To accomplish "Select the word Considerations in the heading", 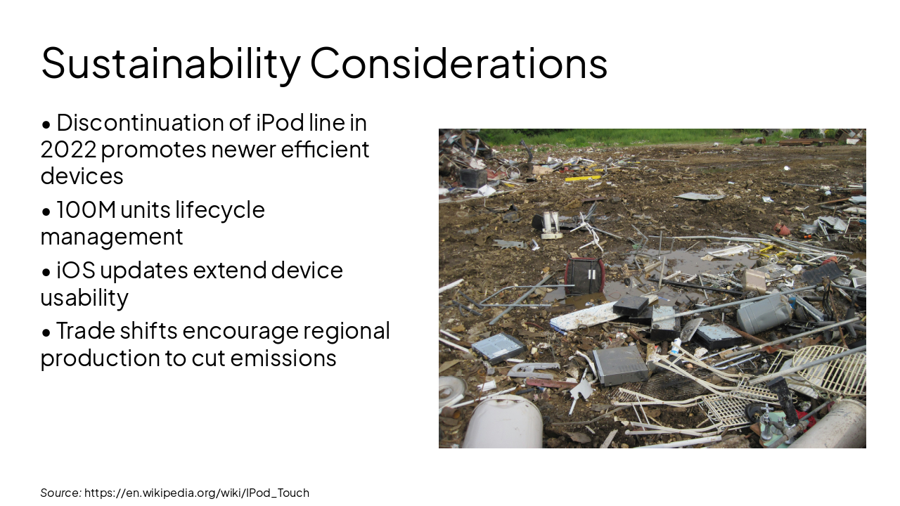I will pos(458,63).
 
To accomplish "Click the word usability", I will pos(84,297).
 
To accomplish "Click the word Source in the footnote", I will pos(60,493).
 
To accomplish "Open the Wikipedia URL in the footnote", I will pos(197,493).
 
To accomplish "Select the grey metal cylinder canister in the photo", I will pos(764,313).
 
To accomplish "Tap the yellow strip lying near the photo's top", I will pos(583,179).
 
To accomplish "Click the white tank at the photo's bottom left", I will pos(502,423).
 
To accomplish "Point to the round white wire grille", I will pos(830,368).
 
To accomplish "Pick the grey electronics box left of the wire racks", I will pos(620,364).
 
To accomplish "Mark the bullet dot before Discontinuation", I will pos(46,124).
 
